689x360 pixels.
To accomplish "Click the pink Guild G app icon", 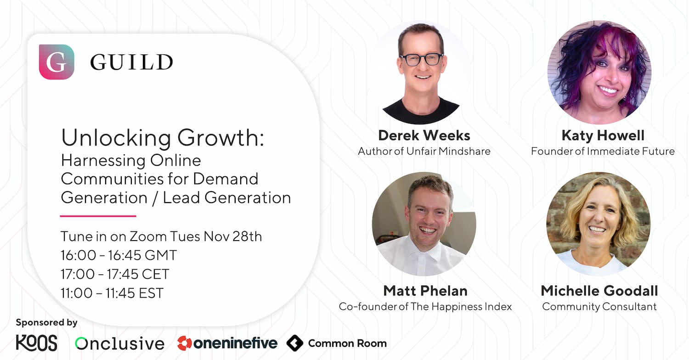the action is coord(56,62).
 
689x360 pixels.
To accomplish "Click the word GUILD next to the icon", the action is coord(132,62).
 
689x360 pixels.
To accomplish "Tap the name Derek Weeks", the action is coord(424,135).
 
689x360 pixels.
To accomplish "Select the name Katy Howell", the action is coord(603,136).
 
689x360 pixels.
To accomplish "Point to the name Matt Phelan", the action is coord(425,291).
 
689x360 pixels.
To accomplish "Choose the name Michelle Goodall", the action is coord(599,291).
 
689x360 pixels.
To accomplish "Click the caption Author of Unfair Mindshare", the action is coord(424,151).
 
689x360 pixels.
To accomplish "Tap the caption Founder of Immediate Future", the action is coord(603,151).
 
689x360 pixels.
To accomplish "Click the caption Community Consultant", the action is coord(599,307).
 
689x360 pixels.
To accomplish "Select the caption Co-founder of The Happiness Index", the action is coord(425,307).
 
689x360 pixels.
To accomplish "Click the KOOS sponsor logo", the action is coord(37,343).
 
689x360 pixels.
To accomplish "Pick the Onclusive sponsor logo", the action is coord(119,343).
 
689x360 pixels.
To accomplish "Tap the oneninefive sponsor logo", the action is coord(227,343).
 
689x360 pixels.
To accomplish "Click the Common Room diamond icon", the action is coord(295,343).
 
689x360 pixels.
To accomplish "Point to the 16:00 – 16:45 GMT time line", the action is coord(119,255).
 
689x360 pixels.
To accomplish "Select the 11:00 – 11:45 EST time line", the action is coord(112,293).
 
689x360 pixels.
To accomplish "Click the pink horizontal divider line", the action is coord(98,216).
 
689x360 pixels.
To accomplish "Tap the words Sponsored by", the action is coord(46,322).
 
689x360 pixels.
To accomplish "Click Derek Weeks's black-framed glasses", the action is coord(422,59).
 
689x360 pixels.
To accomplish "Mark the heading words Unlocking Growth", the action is coord(163,137).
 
